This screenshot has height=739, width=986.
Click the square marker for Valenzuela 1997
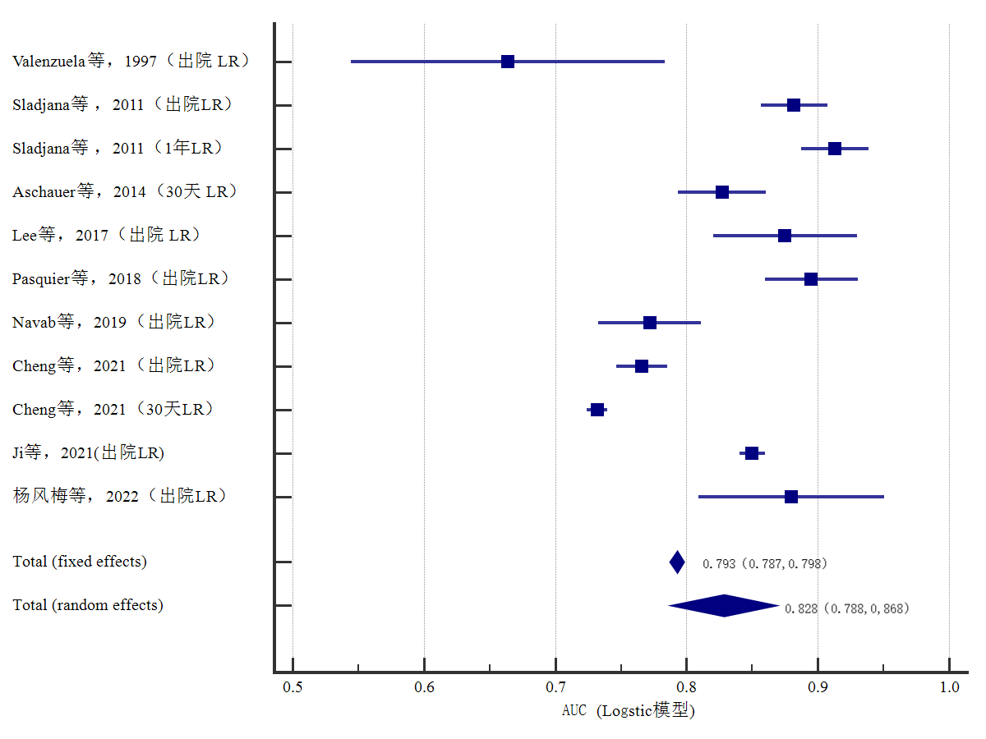(x=508, y=62)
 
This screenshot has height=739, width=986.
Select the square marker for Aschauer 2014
(x=722, y=192)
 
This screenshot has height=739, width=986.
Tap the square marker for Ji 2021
(x=752, y=453)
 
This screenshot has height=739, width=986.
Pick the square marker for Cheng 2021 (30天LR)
(x=597, y=410)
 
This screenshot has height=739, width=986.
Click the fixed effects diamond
(x=677, y=562)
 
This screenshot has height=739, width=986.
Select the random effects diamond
(x=724, y=606)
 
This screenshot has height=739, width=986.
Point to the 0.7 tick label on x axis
(x=555, y=687)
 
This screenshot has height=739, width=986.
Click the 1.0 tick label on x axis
(x=949, y=687)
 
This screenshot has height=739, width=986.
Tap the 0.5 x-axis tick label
(x=293, y=687)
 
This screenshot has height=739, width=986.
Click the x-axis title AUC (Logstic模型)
(x=629, y=711)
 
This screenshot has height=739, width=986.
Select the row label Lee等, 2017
(x=106, y=236)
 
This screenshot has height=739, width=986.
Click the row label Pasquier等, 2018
(x=120, y=279)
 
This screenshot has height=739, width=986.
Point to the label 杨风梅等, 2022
(x=119, y=497)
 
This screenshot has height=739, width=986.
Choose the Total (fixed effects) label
(x=80, y=562)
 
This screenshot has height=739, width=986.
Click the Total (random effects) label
(x=88, y=605)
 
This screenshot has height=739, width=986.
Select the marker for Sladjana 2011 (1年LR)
(x=835, y=149)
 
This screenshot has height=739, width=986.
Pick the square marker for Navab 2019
(x=650, y=323)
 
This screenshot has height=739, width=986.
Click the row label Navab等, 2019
(x=113, y=323)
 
